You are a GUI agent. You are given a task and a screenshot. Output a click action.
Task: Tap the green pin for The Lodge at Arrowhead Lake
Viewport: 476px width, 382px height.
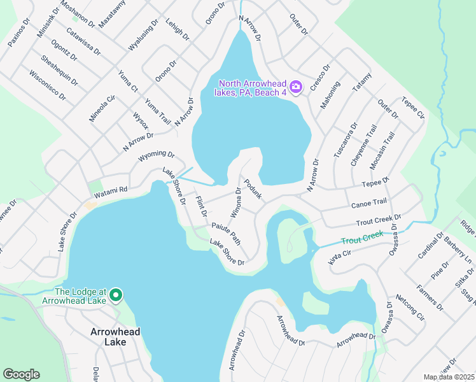tap(115, 296)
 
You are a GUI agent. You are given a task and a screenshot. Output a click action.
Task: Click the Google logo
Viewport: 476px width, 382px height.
tap(21, 374)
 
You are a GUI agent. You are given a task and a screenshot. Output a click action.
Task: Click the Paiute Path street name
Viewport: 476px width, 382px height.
tap(226, 233)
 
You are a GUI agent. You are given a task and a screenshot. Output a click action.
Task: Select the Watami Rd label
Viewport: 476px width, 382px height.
tap(110, 190)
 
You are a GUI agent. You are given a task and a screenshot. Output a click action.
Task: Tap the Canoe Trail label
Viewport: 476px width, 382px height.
tap(369, 203)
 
